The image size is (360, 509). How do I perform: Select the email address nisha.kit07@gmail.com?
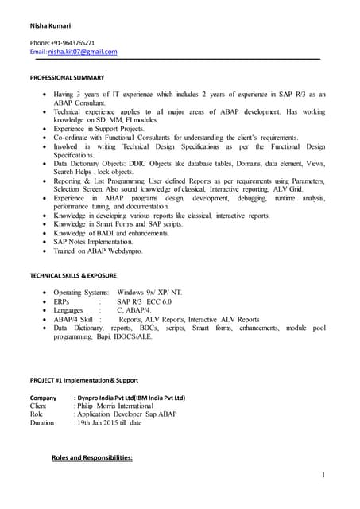[x=83, y=52]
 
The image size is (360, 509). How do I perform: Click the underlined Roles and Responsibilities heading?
[x=91, y=458]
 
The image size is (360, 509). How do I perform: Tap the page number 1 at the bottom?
[x=325, y=475]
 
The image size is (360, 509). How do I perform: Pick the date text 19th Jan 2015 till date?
[x=110, y=423]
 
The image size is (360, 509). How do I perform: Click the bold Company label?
[x=43, y=397]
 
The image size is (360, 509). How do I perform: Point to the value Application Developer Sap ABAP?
[x=127, y=414]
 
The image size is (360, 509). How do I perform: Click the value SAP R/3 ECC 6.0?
[x=145, y=302]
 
